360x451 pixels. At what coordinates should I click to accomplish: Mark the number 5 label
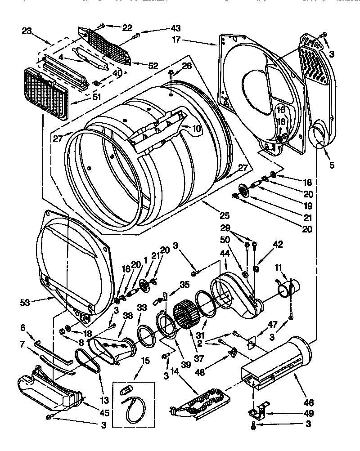[x=332, y=165]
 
